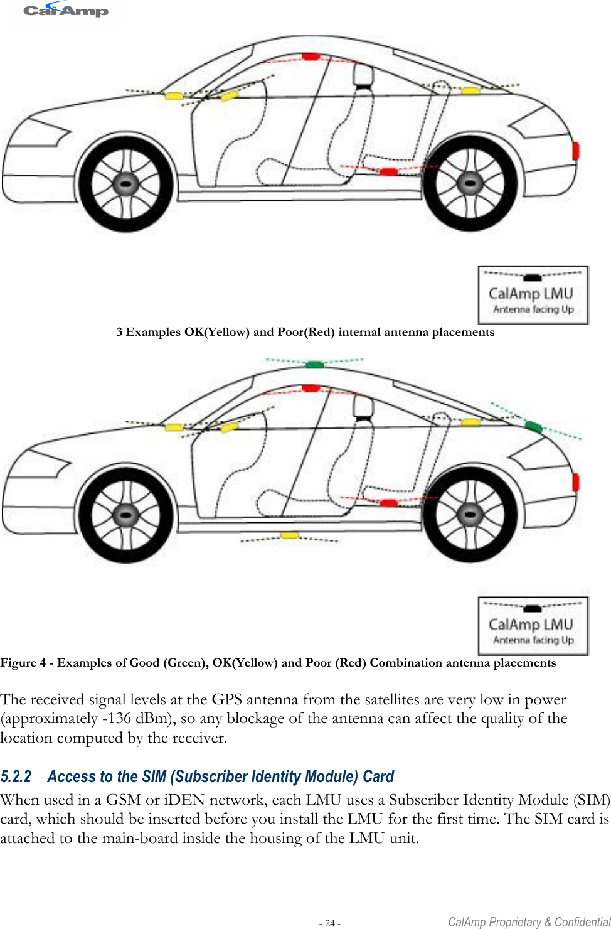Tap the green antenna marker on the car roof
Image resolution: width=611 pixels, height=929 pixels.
point(315,364)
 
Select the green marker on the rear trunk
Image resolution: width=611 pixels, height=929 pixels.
point(533,427)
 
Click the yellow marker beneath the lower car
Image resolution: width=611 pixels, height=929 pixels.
point(289,535)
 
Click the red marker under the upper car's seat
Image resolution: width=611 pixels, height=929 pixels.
point(389,171)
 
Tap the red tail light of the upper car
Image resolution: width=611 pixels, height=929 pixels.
point(576,151)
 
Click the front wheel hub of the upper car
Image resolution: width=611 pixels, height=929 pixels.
point(126,184)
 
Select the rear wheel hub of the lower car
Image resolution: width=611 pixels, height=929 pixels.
point(470,515)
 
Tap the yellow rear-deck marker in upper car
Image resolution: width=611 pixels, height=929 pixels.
point(470,91)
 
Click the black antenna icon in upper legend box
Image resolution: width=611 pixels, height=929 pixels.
point(533,277)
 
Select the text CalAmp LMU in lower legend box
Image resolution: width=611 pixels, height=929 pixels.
point(531,625)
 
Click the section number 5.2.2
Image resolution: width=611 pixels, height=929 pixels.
point(16,777)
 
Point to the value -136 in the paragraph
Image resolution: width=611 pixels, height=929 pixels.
point(116,719)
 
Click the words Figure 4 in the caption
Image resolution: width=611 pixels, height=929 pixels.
point(23,663)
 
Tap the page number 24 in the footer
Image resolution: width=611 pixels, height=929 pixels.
point(330,923)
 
